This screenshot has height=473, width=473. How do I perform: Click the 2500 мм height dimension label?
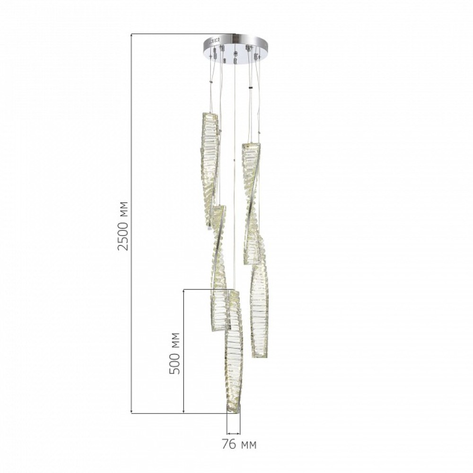click(x=123, y=226)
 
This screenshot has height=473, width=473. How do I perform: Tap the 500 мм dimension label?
click(x=175, y=353)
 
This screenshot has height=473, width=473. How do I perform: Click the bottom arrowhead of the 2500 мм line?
click(x=131, y=411)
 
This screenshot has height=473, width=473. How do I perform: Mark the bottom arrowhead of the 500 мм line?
click(x=184, y=411)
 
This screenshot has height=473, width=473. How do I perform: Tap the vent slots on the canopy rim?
click(x=216, y=40)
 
